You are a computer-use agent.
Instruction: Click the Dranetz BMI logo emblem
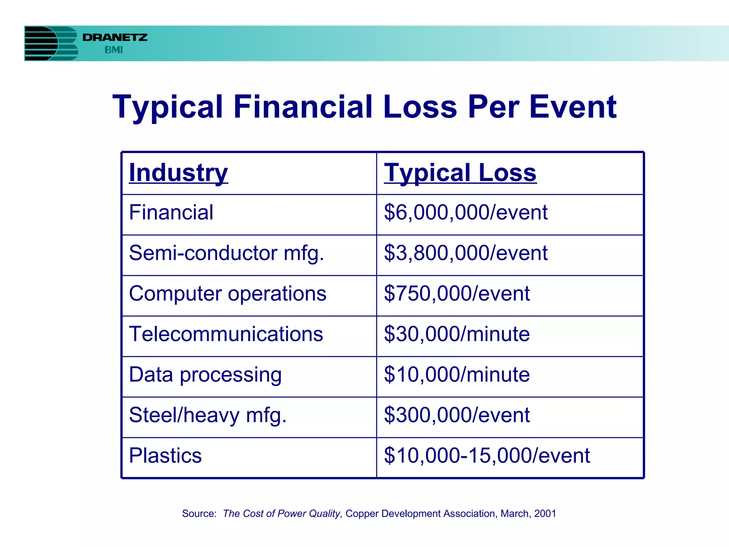click(x=51, y=43)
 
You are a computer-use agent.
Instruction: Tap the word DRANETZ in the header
click(x=115, y=37)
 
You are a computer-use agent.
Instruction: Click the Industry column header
click(x=178, y=173)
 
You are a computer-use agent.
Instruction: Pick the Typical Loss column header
click(x=460, y=173)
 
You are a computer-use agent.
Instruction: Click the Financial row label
click(x=171, y=213)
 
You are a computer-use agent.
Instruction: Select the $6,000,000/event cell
click(x=466, y=213)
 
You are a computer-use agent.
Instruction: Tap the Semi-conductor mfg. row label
click(x=226, y=253)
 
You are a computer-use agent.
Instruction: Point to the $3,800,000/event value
click(x=466, y=253)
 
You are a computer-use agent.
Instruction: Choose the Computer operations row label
click(x=227, y=294)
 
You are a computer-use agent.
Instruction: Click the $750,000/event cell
click(x=457, y=294)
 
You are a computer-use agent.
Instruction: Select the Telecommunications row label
click(x=226, y=334)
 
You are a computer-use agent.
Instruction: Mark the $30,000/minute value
click(x=457, y=334)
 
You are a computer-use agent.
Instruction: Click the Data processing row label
click(x=205, y=375)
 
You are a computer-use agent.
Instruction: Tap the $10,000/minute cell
click(x=457, y=375)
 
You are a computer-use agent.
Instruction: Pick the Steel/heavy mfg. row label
click(x=208, y=416)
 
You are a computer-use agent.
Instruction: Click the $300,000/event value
click(x=457, y=416)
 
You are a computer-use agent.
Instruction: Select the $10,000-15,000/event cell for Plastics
click(x=487, y=456)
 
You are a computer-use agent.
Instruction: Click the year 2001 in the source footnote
click(x=545, y=514)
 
